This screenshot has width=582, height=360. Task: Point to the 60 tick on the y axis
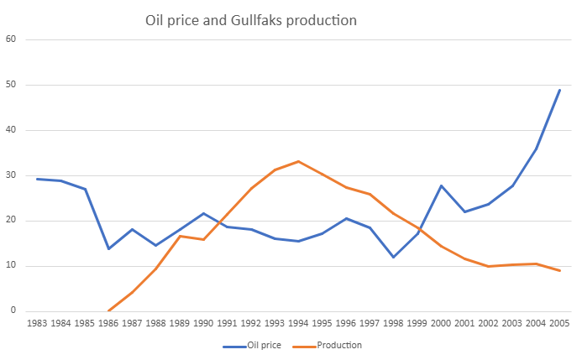[11, 39]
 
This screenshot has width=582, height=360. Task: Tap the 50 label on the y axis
[11, 85]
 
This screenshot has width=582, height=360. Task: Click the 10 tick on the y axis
[11, 266]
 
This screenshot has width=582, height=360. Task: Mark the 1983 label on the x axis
[37, 323]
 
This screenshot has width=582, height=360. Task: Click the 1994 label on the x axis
[298, 323]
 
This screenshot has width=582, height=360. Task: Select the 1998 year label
[393, 323]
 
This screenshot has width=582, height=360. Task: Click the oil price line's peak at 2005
[559, 90]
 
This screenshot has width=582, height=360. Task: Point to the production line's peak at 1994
[298, 161]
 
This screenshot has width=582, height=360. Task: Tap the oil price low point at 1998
[393, 257]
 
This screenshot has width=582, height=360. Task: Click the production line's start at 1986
[108, 310]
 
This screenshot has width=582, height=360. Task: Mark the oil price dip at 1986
[108, 248]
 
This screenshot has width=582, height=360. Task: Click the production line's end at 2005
[559, 270]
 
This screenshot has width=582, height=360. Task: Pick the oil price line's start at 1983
[37, 179]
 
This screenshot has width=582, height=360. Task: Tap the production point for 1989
[180, 236]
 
